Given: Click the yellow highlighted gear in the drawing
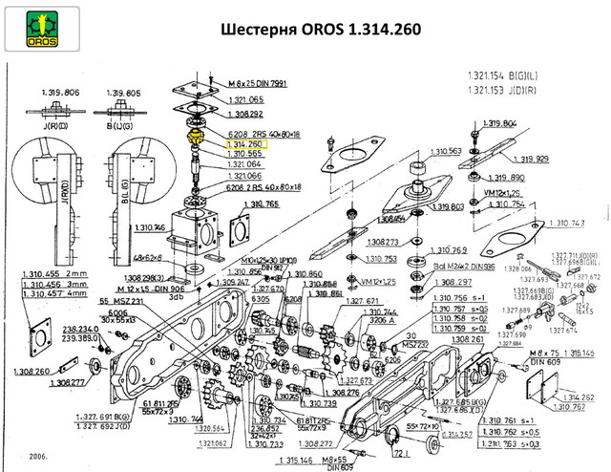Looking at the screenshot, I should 196,139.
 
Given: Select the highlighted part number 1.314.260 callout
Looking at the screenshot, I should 245,143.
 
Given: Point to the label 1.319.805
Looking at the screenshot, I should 130,93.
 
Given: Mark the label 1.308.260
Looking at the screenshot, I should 35,373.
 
